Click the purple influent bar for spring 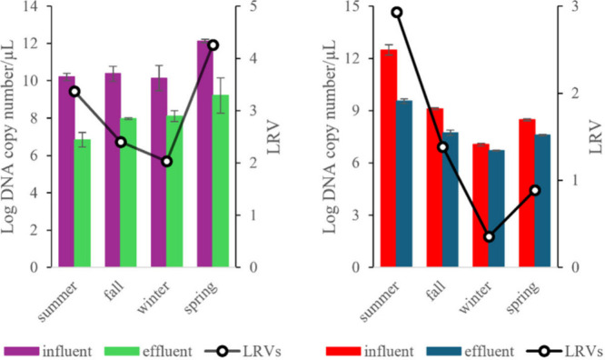[205, 154]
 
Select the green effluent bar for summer [82, 203]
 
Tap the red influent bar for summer [389, 158]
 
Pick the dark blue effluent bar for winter [496, 208]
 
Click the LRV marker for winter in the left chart [166, 162]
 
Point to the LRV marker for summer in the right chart [397, 13]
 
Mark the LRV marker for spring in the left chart [213, 45]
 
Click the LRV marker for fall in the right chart [443, 146]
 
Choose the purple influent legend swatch [22, 351]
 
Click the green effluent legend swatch [122, 351]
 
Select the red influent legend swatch [343, 351]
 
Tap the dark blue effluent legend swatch [443, 351]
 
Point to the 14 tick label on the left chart [32, 6]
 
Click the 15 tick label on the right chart [354, 6]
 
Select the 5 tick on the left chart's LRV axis [253, 6]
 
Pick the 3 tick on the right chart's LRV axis [575, 6]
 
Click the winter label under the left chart [154, 298]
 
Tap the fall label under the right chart [436, 290]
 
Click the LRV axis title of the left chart [273, 137]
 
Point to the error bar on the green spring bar [221, 95]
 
